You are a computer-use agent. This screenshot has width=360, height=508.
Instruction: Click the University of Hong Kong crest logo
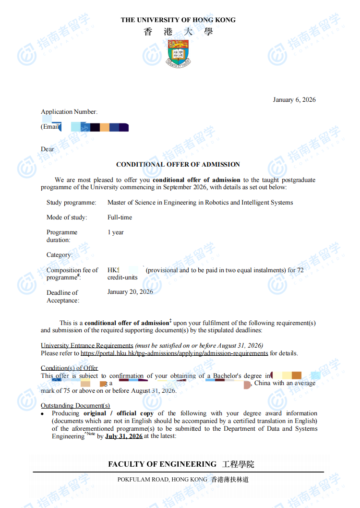178,52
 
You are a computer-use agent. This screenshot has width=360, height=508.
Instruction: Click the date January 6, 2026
294,100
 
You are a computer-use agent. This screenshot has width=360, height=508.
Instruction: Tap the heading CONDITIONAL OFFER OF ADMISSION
178,165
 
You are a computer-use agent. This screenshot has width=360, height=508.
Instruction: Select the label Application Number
69,112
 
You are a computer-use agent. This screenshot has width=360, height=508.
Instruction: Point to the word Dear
48,149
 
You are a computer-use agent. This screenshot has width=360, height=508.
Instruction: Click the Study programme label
71,203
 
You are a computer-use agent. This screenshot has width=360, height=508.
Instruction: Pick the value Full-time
120,218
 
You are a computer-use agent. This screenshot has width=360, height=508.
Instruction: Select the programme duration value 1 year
115,232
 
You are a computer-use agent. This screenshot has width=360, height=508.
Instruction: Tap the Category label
60,255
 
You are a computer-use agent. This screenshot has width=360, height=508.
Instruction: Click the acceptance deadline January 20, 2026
130,292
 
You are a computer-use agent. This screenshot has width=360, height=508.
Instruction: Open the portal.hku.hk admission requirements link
174,353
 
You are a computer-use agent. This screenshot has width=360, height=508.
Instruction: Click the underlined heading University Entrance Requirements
87,346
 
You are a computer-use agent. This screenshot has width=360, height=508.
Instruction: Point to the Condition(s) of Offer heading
69,368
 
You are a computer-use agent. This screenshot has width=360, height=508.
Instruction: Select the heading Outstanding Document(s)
75,406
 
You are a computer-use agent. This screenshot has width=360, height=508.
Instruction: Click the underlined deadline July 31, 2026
124,436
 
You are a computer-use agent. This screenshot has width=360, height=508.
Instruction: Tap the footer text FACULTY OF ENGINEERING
162,464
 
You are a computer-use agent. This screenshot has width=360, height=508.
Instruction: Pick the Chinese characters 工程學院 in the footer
238,464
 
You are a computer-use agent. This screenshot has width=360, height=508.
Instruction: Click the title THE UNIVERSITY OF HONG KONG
178,20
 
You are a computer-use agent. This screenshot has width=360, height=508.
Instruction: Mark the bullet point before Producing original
43,413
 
